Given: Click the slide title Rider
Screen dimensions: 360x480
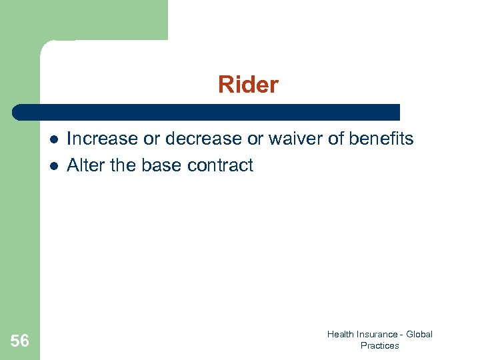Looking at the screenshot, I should coord(248,85).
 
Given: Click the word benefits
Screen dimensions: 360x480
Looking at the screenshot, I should coord(381,139).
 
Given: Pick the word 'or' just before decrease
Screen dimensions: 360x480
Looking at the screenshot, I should coord(152,139).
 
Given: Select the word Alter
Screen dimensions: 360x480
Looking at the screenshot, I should coord(86,165).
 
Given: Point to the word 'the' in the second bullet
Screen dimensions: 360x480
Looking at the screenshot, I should coord(123,165).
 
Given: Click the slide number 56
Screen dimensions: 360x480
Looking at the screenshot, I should coord(20,341).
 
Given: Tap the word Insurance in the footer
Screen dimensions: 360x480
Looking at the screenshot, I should coord(377,334).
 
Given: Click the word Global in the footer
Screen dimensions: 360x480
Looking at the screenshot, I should coord(419,334).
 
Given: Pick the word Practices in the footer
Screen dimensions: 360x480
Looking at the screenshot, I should coord(379,345).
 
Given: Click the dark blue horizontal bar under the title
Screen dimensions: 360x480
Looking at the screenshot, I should coord(207,112).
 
